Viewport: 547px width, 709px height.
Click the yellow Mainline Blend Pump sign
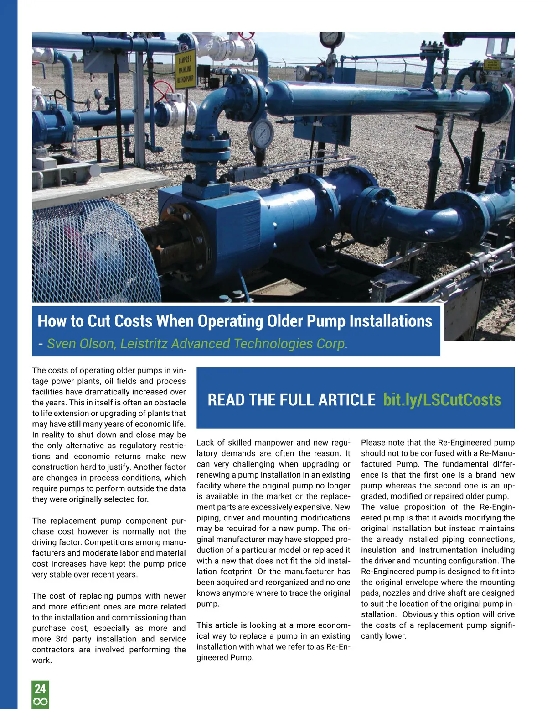pyautogui.click(x=185, y=68)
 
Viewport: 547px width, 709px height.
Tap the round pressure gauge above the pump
pyautogui.click(x=260, y=133)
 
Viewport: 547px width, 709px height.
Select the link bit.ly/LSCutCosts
pyautogui.click(x=442, y=399)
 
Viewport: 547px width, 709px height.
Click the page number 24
pyautogui.click(x=40, y=688)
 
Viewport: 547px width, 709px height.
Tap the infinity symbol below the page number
pyautogui.click(x=40, y=702)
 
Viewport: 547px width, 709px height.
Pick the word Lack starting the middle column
pyautogui.click(x=205, y=442)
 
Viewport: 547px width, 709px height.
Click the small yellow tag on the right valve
pyautogui.click(x=492, y=65)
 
